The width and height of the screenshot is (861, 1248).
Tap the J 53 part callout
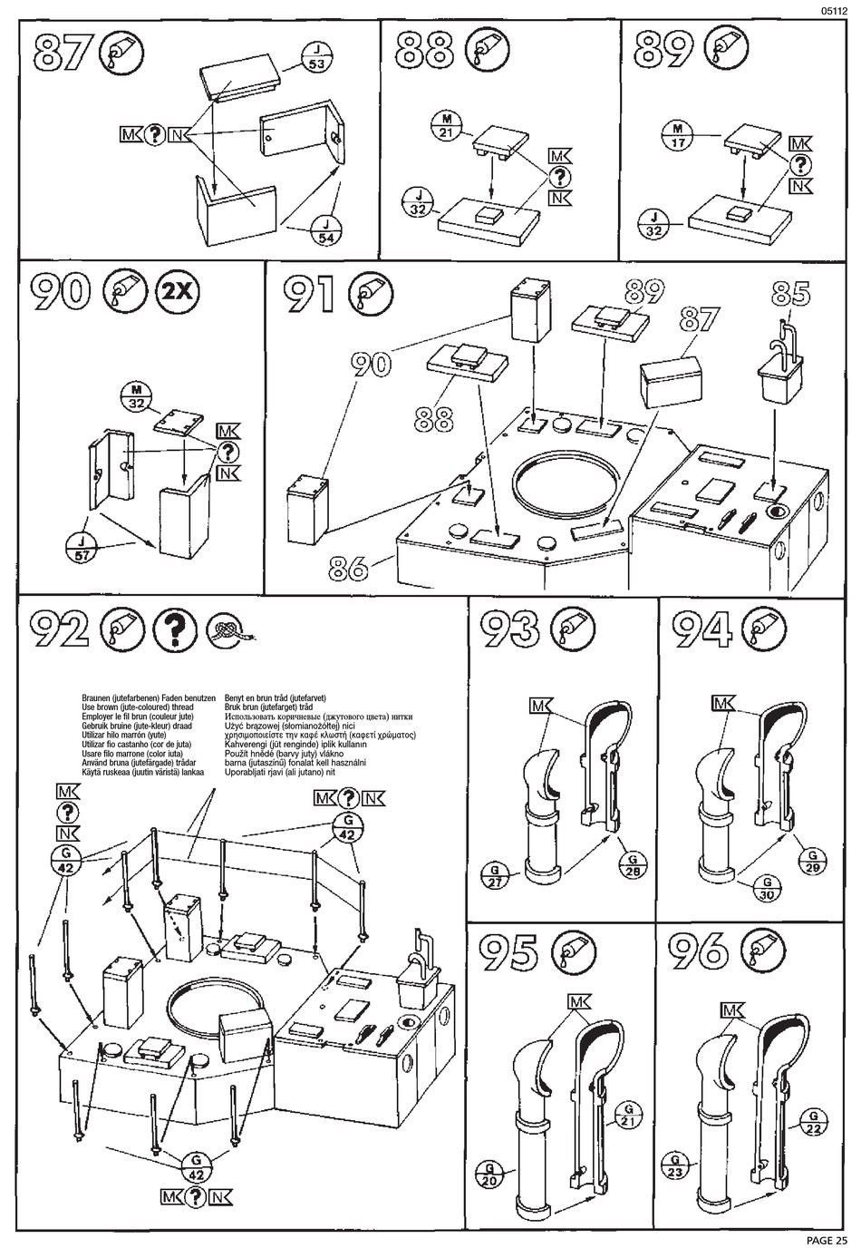(x=317, y=56)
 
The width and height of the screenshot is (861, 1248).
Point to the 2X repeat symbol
(x=176, y=291)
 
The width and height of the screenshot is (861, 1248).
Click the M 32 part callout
(x=136, y=397)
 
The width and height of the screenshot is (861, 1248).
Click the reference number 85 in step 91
(x=790, y=293)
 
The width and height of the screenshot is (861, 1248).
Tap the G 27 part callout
(x=496, y=877)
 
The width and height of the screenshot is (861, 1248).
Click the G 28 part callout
(x=634, y=865)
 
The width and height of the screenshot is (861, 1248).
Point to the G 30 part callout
(x=767, y=890)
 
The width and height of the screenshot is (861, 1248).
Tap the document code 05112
(x=834, y=10)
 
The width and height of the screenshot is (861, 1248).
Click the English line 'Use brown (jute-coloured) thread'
(x=138, y=707)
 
